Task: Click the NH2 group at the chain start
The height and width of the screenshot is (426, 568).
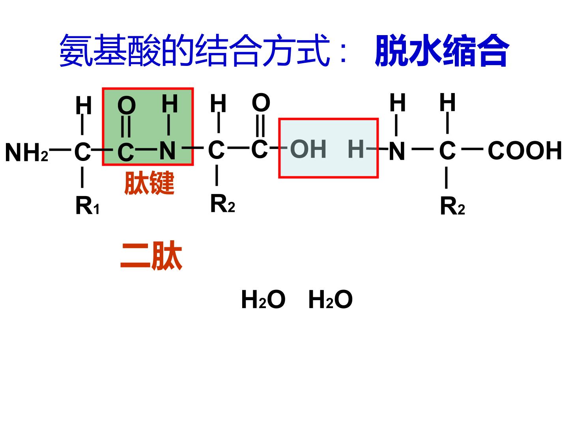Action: (27, 153)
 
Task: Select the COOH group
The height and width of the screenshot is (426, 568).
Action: (525, 150)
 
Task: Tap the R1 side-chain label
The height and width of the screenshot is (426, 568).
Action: (87, 206)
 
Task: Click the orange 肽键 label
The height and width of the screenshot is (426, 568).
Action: (149, 183)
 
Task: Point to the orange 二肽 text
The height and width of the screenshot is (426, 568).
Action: (151, 255)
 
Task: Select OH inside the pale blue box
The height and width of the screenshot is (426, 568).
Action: (308, 149)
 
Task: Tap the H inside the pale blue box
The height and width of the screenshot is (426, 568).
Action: (356, 149)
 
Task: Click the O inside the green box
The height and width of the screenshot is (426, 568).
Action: (127, 105)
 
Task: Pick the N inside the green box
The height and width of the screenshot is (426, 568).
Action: (167, 151)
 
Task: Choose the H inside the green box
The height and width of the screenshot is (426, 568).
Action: (170, 103)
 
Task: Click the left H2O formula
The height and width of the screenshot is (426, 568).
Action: (263, 299)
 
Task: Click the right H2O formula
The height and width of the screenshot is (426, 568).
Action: (331, 299)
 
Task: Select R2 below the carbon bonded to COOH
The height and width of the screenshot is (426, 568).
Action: (452, 206)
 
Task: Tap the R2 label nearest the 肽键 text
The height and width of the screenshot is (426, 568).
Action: (222, 204)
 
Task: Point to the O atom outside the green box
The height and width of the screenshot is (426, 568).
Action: (261, 103)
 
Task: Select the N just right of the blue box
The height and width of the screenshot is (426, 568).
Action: (397, 151)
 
